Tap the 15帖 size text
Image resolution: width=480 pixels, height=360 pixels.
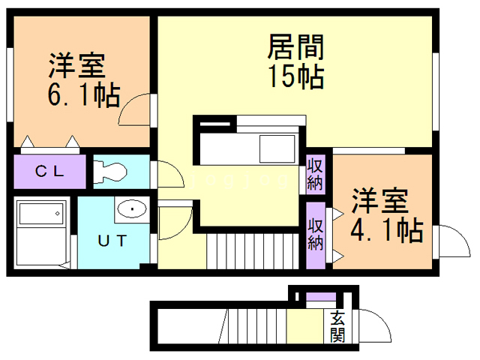click(x=295, y=76)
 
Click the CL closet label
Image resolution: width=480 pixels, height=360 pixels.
click(x=50, y=171)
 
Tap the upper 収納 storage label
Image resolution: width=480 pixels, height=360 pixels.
click(x=315, y=174)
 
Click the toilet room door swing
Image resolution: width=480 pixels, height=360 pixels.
click(x=169, y=175)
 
